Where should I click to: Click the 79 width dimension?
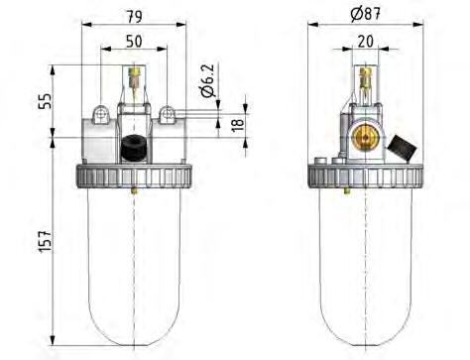(133, 15)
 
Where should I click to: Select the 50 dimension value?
(133, 41)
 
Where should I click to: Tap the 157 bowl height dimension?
(43, 239)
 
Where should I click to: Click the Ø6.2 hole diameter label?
(207, 78)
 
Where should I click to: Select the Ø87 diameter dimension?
(366, 14)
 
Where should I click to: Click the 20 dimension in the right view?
(366, 41)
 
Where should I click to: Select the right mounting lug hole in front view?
(168, 115)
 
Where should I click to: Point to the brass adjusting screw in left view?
(133, 74)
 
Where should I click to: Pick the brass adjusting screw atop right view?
(366, 75)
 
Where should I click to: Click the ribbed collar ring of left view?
(133, 176)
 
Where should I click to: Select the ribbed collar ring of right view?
(366, 176)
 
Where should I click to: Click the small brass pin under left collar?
(133, 188)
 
